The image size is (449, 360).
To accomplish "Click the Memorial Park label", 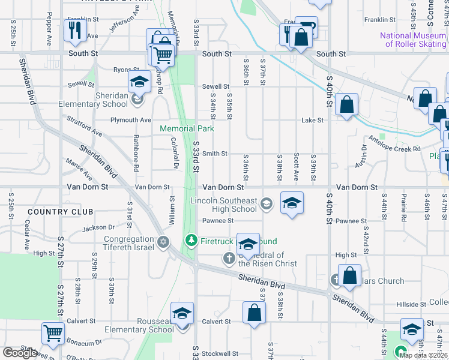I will [x=187, y=128].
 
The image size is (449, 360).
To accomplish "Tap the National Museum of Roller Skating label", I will [x=413, y=40].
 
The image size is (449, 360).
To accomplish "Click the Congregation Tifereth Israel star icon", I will [x=163, y=242].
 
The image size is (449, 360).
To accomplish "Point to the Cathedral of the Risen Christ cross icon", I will [x=229, y=259].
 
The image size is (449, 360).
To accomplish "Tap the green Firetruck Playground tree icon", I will [x=191, y=241].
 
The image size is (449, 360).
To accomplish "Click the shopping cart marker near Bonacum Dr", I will [x=53, y=332].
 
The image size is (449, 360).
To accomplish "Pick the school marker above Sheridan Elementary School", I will [x=139, y=82].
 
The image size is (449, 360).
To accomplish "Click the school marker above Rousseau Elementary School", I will [x=182, y=314].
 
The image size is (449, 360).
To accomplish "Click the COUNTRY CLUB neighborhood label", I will [x=60, y=212].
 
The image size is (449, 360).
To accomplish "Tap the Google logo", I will [x=20, y=353].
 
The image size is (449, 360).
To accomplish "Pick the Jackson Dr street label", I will [x=98, y=227].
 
